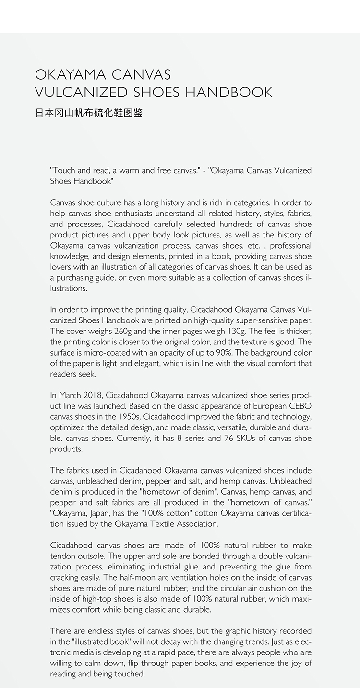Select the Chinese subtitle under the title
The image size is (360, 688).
89,114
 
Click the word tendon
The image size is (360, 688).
62,556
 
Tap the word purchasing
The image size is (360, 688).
76,278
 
